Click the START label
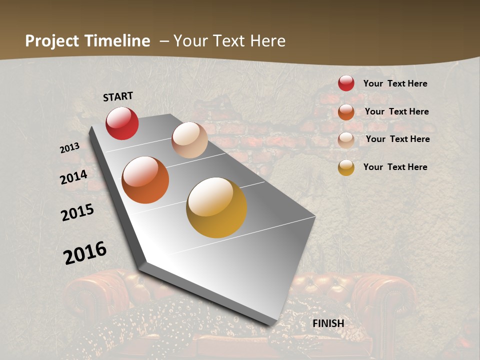pyautogui.click(x=118, y=96)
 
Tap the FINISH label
pyautogui.click(x=328, y=323)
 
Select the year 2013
pyautogui.click(x=70, y=147)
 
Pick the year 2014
pyautogui.click(x=74, y=177)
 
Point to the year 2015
pyautogui.click(x=77, y=212)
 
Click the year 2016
pyautogui.click(x=85, y=253)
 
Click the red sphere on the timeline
pyautogui.click(x=122, y=123)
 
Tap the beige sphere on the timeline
pyautogui.click(x=189, y=140)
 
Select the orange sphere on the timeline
pyautogui.click(x=145, y=180)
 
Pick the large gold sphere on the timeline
pyautogui.click(x=216, y=207)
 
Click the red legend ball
pyautogui.click(x=346, y=83)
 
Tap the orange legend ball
pyautogui.click(x=346, y=111)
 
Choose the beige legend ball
pyautogui.click(x=346, y=140)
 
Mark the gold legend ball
pyautogui.click(x=346, y=167)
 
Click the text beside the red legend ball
pyautogui.click(x=395, y=83)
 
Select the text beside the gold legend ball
pyautogui.click(x=395, y=167)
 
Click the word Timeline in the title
pyautogui.click(x=118, y=41)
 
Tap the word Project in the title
pyautogui.click(x=52, y=41)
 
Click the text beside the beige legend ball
pyautogui.click(x=397, y=139)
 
